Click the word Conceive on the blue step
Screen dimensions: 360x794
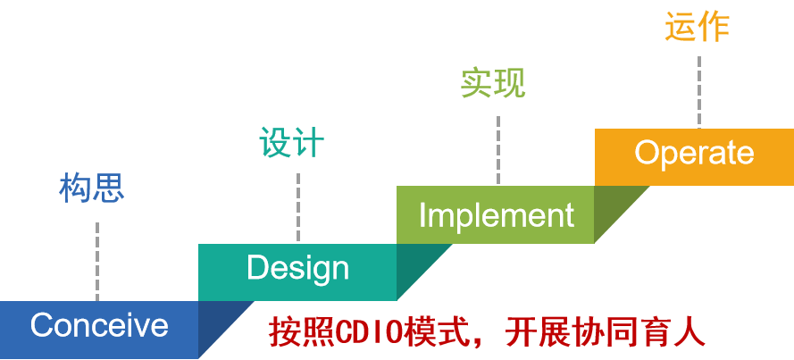click(x=99, y=325)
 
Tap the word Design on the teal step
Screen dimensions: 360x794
click(x=297, y=268)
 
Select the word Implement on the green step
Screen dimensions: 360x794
click(x=496, y=215)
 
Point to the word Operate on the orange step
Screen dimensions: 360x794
click(x=694, y=153)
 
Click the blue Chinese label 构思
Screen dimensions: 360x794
click(x=91, y=188)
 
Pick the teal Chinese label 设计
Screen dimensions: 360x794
click(x=291, y=143)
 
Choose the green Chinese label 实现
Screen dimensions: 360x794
click(x=493, y=83)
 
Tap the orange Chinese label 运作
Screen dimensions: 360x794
click(x=698, y=28)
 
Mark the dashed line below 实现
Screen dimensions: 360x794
click(x=497, y=147)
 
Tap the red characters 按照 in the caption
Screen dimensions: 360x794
click(x=301, y=332)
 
